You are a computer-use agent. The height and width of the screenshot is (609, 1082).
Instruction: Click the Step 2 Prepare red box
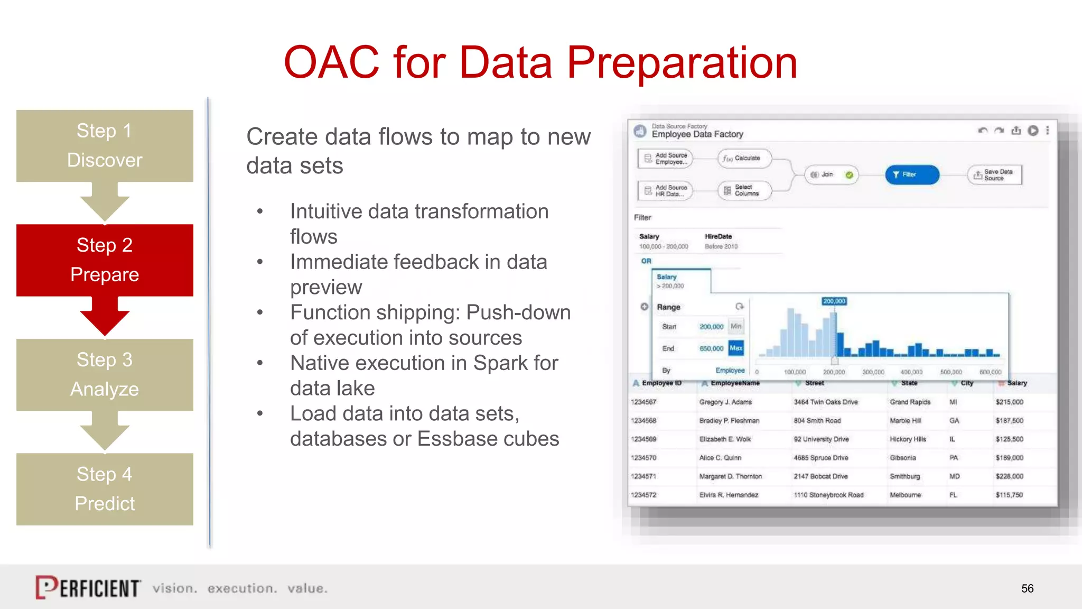(x=105, y=260)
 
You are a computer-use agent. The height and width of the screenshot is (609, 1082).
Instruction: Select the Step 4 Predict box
(x=105, y=488)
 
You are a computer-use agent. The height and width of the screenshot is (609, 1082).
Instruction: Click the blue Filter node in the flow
(x=911, y=174)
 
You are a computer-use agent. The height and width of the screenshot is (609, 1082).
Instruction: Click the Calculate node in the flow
(x=745, y=158)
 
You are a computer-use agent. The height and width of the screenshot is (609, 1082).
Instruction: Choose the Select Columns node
(x=744, y=190)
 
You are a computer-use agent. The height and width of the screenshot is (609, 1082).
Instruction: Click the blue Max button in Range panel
(x=735, y=348)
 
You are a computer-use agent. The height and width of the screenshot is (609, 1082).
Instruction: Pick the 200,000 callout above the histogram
(x=834, y=301)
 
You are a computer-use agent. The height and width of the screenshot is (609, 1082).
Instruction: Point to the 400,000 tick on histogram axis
(x=911, y=372)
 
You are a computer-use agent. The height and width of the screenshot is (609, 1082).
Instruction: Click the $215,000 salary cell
(x=1009, y=402)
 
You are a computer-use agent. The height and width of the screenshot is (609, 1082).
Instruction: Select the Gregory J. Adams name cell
(x=725, y=402)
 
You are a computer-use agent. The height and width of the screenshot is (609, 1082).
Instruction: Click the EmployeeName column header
(x=734, y=383)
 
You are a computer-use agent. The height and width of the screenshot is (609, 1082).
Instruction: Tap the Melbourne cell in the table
(x=905, y=495)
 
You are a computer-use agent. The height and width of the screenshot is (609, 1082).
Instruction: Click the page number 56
(x=1027, y=588)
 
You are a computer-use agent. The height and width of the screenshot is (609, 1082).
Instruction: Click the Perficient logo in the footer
(x=88, y=587)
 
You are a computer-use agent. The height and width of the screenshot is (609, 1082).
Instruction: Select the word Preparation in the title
(x=682, y=62)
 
